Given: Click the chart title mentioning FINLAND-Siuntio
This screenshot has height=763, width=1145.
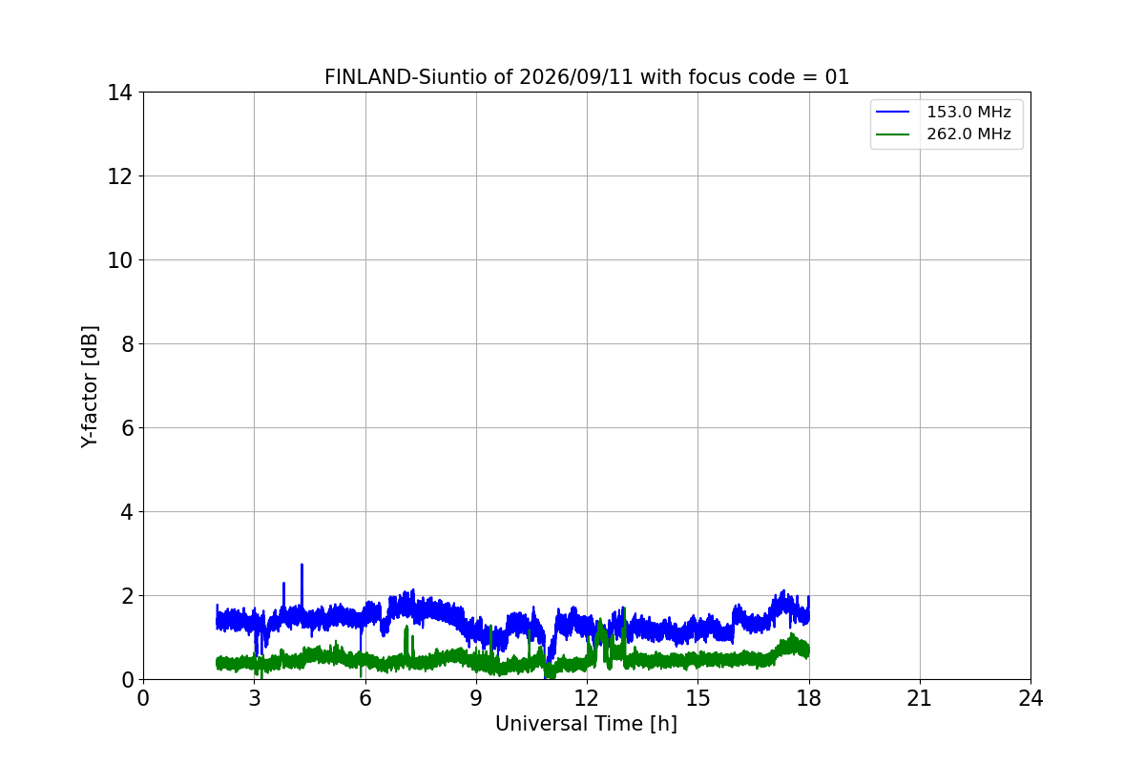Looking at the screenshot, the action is click(x=587, y=77).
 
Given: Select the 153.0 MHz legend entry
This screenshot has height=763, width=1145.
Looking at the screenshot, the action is click(x=944, y=112).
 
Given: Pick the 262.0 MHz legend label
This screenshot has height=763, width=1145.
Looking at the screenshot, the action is click(x=968, y=134).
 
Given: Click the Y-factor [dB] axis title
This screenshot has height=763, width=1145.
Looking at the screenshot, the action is click(x=90, y=387).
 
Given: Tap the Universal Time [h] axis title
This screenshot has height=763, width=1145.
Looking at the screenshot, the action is click(x=586, y=724).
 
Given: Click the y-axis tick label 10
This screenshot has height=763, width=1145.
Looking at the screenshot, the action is click(x=119, y=260).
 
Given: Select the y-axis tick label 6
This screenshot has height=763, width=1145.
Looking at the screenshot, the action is click(x=127, y=428).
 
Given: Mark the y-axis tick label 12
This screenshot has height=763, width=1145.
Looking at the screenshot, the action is click(x=119, y=176).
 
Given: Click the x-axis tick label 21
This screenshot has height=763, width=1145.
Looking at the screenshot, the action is click(x=920, y=698).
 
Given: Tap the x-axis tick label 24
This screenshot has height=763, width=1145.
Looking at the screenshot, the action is click(x=1030, y=698).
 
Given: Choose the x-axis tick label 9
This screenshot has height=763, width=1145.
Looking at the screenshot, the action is click(x=476, y=698).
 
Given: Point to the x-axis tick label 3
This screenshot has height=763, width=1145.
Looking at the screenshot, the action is click(x=255, y=698).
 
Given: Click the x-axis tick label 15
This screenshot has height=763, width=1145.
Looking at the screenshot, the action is click(x=697, y=698).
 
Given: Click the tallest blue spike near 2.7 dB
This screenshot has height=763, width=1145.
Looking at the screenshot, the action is click(x=302, y=566).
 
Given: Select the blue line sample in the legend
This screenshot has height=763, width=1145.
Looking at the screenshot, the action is click(x=892, y=112).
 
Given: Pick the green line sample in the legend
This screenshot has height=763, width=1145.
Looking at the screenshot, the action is click(x=892, y=134).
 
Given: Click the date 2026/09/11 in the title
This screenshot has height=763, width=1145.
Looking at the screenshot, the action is click(x=576, y=77).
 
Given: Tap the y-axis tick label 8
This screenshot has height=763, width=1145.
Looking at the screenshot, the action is click(x=127, y=344).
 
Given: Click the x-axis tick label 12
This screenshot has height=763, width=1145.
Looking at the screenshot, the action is click(x=587, y=698).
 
